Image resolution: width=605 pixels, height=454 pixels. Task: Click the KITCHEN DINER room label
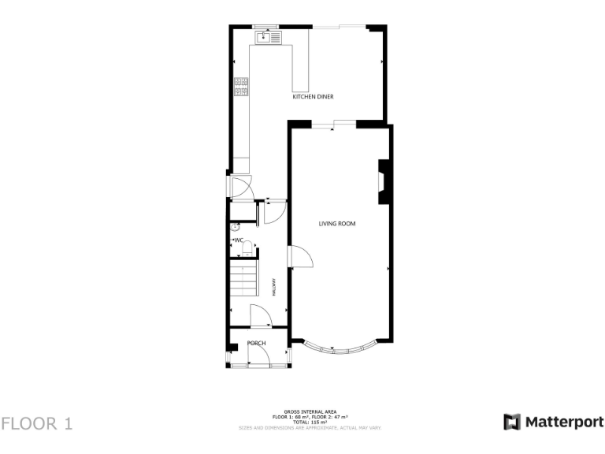pos(313,96)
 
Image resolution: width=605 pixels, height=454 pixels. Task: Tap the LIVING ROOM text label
pos(336,224)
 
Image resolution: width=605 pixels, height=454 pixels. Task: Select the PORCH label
pos(256,343)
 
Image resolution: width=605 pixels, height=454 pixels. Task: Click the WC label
pos(239,240)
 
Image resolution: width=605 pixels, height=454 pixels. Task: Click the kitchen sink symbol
pos(268,37)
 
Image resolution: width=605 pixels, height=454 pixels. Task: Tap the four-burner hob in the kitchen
pos(239,86)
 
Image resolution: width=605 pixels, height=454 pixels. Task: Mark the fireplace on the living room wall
pos(383,182)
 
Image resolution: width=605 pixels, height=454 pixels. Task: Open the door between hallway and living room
pos(300,257)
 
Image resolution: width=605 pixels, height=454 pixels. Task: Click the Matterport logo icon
pos(512,422)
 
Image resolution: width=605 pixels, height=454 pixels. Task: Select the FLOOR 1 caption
pos(37,423)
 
